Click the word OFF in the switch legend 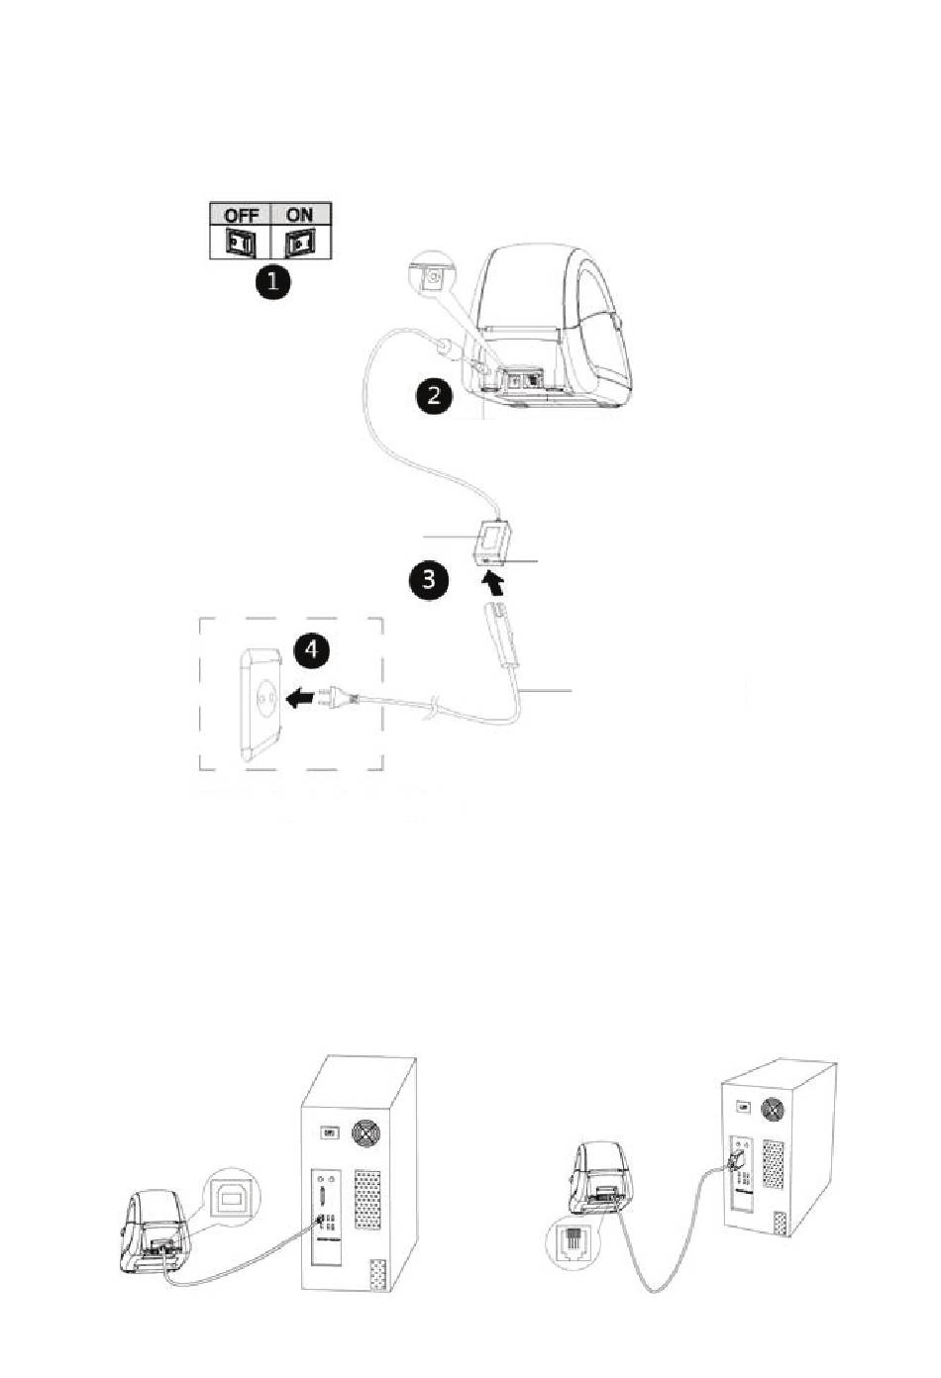241,215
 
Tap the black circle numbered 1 270,283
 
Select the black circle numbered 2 433,397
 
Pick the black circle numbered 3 430,578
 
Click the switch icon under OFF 241,242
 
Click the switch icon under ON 298,242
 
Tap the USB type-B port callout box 232,1200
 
